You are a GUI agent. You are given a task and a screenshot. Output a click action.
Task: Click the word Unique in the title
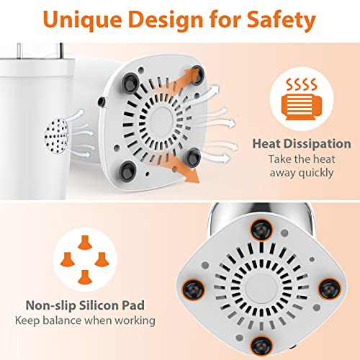click(82, 20)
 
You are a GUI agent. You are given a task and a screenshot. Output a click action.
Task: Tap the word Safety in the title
click(282, 19)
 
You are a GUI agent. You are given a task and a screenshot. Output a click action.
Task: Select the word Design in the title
click(166, 19)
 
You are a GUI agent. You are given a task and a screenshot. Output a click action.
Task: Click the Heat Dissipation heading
click(302, 144)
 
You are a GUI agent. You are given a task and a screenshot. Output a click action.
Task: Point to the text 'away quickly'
click(302, 173)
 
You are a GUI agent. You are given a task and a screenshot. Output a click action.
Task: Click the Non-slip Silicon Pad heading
click(85, 305)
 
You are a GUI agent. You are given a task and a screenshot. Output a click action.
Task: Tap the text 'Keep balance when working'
click(85, 321)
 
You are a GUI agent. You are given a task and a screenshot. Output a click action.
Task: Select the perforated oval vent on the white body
click(57, 136)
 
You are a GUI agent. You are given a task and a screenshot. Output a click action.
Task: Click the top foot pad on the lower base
click(261, 230)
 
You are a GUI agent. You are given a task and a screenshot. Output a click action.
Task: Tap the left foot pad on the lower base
click(194, 289)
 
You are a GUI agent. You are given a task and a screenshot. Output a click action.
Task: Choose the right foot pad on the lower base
click(329, 289)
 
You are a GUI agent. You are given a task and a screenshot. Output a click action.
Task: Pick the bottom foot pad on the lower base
click(261, 346)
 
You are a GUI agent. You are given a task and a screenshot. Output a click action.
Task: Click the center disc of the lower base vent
click(261, 288)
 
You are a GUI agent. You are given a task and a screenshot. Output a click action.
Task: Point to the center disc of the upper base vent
click(159, 121)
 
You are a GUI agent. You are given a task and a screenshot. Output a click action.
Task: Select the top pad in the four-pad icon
click(85, 243)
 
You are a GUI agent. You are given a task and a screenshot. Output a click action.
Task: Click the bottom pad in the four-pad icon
click(85, 277)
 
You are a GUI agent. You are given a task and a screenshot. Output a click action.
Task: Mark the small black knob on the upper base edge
click(102, 102)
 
